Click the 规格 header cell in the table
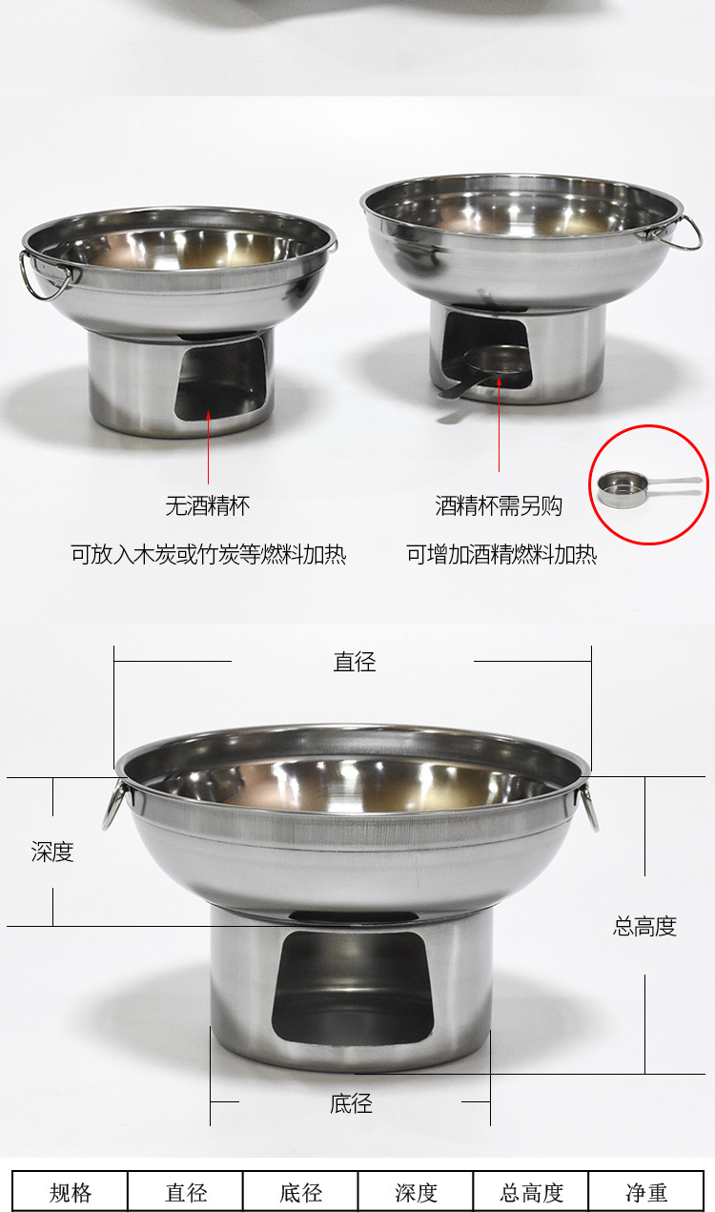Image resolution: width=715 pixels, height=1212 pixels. click(71, 1192)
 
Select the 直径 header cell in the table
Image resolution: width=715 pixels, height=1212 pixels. click(186, 1192)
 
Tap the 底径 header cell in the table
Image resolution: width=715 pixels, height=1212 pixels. click(301, 1192)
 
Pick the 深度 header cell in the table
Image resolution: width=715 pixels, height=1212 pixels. click(417, 1192)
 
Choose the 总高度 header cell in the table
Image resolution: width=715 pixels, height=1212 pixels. click(532, 1192)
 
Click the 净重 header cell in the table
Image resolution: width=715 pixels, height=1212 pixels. click(646, 1192)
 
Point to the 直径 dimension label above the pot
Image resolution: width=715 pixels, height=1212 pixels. click(355, 662)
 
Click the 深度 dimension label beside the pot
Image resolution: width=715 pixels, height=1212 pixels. click(52, 852)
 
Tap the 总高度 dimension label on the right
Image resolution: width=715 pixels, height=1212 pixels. click(644, 926)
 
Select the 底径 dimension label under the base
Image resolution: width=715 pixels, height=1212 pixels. click(351, 1104)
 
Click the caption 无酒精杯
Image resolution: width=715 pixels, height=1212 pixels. click(208, 506)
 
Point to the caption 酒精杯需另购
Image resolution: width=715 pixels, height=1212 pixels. click(499, 506)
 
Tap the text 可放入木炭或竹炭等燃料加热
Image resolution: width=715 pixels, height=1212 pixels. click(208, 554)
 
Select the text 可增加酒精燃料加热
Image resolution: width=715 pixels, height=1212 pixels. click(501, 554)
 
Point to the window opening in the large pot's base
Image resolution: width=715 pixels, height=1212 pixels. click(353, 987)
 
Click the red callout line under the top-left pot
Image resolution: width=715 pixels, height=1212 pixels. click(209, 448)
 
